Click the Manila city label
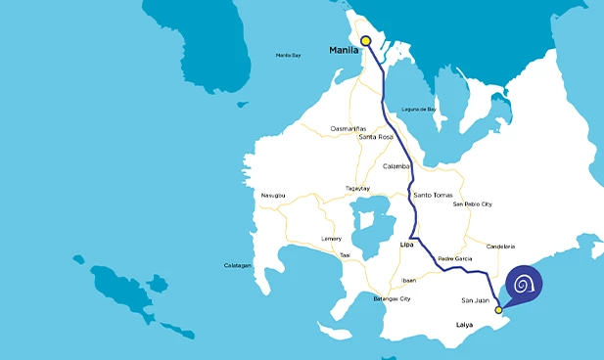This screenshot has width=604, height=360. point(343,50)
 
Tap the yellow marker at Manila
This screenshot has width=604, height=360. point(366,41)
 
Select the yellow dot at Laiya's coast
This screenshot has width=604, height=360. point(498,310)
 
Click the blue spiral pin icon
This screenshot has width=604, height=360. point(525,285)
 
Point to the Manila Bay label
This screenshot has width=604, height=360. point(288,55)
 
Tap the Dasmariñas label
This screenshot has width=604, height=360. point(348,128)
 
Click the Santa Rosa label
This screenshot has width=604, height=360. point(378,137)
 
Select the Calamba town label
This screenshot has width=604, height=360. point(396,166)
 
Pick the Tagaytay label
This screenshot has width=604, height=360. point(357,188)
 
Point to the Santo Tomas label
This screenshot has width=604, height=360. point(434,196)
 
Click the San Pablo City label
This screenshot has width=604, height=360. point(472,204)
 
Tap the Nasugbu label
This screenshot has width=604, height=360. point(273,196)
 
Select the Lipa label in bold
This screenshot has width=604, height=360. point(408,246)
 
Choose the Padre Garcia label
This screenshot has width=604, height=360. point(455,258)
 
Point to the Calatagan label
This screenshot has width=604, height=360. point(237,266)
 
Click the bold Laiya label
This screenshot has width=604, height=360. point(467,324)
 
